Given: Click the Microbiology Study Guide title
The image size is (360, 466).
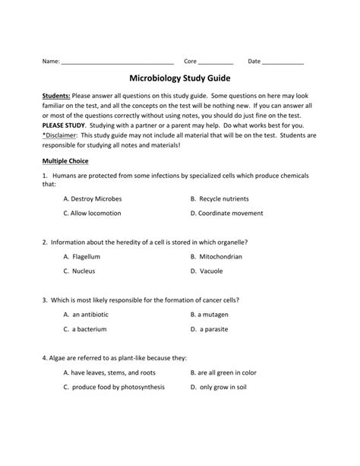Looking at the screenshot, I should tap(180, 78).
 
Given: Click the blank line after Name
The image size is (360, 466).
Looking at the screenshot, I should tap(118, 62).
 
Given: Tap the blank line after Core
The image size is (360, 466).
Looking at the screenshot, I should tap(216, 62).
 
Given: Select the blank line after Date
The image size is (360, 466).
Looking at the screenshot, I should tap(283, 62).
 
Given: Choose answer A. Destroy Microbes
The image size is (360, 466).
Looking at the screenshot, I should tap(92, 198).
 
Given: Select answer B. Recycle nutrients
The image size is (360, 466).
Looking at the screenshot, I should tap(221, 198).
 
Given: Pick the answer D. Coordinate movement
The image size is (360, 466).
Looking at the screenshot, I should tap(229, 214).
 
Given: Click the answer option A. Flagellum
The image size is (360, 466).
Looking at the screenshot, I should tap(83, 257).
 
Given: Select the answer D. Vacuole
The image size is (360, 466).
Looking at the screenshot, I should tap(210, 271).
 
